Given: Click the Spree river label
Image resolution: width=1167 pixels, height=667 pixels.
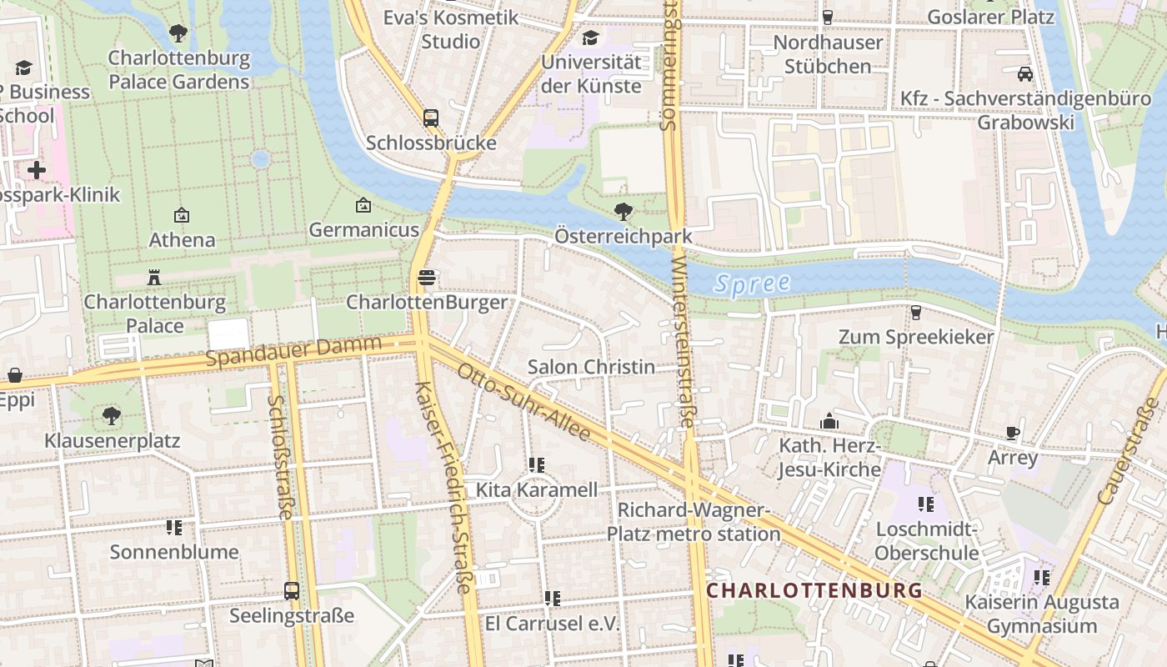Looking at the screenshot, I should pyautogui.click(x=752, y=283).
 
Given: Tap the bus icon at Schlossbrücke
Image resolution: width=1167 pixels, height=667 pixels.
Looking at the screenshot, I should pyautogui.click(x=431, y=118).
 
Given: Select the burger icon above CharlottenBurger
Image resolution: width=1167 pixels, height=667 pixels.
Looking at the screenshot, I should pyautogui.click(x=427, y=278).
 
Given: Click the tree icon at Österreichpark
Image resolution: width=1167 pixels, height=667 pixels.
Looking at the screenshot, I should pyautogui.click(x=622, y=212).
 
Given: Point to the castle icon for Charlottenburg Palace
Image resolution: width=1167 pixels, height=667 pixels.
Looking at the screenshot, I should pyautogui.click(x=154, y=277).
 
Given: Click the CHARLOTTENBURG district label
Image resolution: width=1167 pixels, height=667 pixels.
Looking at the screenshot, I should pyautogui.click(x=814, y=590).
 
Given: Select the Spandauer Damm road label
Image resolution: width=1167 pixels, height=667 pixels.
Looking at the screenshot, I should pyautogui.click(x=293, y=351).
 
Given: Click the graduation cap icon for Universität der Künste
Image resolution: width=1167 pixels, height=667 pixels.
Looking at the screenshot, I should pyautogui.click(x=591, y=38).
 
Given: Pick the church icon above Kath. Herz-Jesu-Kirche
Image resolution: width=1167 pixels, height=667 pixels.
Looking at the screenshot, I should pyautogui.click(x=829, y=422).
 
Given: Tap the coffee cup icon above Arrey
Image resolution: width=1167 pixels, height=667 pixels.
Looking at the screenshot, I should pyautogui.click(x=1013, y=433).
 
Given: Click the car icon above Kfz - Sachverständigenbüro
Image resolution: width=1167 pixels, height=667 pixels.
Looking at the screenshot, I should pyautogui.click(x=1025, y=74).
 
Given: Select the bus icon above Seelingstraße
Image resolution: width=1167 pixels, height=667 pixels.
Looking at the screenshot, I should pyautogui.click(x=292, y=591).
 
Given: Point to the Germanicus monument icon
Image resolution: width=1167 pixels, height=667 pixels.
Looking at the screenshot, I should pyautogui.click(x=363, y=205).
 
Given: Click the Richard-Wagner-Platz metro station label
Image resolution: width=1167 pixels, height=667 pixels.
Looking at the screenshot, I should pyautogui.click(x=694, y=522).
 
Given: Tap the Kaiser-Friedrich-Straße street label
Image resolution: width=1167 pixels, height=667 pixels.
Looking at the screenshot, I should pyautogui.click(x=444, y=488).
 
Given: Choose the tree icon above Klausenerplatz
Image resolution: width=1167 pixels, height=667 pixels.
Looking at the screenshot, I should pyautogui.click(x=112, y=415).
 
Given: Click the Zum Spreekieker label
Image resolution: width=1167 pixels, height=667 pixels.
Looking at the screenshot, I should pyautogui.click(x=916, y=337).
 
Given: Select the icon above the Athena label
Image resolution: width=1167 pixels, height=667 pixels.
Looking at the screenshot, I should pyautogui.click(x=182, y=215).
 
